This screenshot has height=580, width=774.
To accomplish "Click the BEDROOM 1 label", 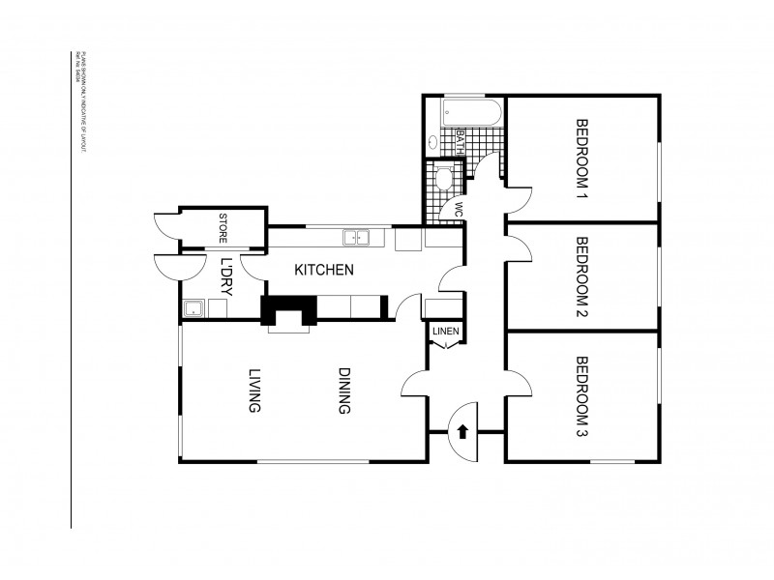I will click(x=582, y=159).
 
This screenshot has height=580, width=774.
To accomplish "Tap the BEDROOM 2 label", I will click(x=582, y=276).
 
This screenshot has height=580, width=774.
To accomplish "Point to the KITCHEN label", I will click(x=323, y=271).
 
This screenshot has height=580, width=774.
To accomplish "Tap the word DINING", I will click(x=342, y=391).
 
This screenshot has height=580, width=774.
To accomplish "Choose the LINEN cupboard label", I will click(x=445, y=332).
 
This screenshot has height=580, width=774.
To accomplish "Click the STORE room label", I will click(x=223, y=228).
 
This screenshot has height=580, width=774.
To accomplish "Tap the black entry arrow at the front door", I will click(x=463, y=431).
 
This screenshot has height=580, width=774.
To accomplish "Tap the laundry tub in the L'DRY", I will click(x=193, y=309).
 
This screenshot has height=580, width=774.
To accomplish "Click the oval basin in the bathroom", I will click(x=432, y=141).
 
